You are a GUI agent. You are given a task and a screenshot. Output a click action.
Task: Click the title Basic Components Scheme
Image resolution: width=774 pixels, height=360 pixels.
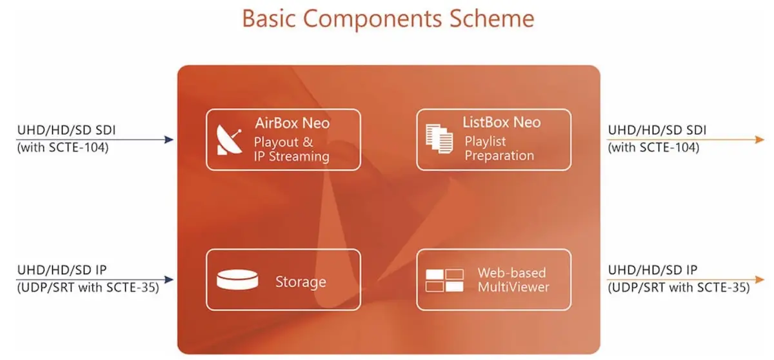[388, 18]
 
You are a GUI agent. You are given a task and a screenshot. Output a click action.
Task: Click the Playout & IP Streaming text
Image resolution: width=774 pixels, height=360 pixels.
[292, 149]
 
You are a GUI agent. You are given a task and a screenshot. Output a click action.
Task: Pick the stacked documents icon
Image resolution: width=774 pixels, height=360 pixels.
[438, 139]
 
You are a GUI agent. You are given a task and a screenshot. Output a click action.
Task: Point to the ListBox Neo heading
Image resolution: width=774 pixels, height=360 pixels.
[501, 122]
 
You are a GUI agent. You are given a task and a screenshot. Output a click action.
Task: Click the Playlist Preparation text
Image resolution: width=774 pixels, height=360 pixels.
[499, 148]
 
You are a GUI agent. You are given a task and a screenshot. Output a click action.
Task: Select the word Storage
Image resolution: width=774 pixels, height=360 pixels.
[301, 281]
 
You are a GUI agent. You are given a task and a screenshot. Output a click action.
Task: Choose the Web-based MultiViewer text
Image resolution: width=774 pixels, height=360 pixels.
[513, 279]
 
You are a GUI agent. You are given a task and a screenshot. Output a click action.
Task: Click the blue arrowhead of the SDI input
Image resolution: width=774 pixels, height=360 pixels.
[170, 139]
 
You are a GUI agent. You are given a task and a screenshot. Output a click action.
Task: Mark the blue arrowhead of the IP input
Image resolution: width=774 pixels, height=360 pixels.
[170, 279]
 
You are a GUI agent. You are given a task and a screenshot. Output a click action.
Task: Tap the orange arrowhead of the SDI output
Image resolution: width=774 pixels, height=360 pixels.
[760, 139]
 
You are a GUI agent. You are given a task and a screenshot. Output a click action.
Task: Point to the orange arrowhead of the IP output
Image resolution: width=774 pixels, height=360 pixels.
[760, 279]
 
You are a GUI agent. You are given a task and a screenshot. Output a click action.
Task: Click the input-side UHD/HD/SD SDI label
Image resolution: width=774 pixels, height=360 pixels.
[66, 130]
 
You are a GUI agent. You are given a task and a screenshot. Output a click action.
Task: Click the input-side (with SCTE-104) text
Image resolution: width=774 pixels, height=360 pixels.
[63, 147]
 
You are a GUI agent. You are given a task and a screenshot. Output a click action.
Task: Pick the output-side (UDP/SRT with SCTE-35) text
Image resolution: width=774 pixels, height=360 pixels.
[679, 288]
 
